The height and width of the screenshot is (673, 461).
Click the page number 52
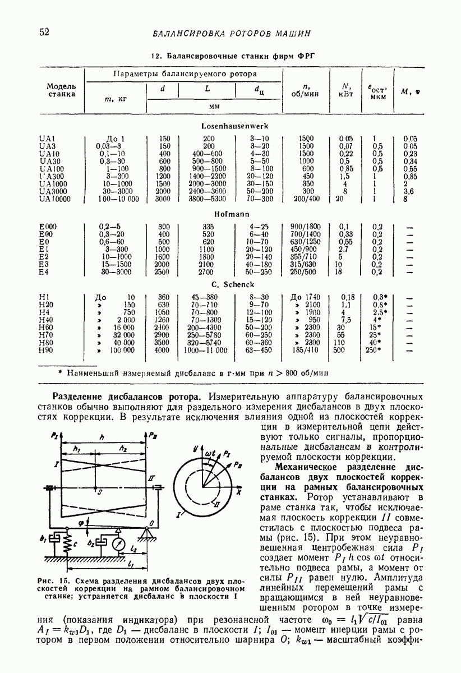pos(44,32)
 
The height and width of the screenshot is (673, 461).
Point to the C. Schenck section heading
pos(231,285)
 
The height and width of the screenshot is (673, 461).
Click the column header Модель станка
pos(61,90)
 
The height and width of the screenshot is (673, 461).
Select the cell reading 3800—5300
pos(208,199)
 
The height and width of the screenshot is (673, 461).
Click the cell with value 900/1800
pos(307,226)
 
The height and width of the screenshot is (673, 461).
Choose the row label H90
pos(46,350)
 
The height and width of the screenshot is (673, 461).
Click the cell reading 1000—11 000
pos(206,350)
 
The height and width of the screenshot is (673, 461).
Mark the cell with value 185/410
pos(306,350)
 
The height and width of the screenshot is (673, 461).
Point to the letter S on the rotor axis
pos(99,492)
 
